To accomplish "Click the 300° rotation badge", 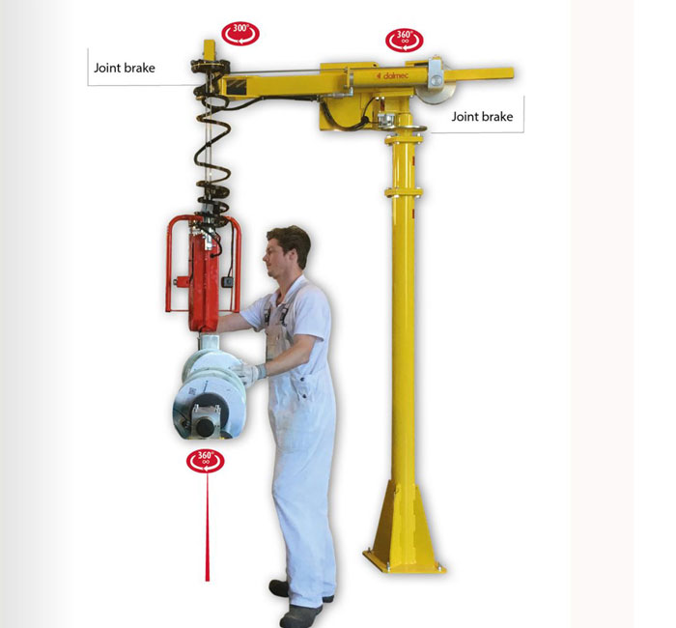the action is click(240, 34).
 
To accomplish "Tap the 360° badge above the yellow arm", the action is click(404, 41).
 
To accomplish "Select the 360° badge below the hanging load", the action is click(205, 461).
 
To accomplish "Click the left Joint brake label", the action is click(125, 69).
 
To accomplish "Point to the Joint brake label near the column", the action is click(482, 117).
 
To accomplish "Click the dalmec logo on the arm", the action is click(392, 76).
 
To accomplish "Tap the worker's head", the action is click(287, 251).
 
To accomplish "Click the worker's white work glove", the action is click(249, 373).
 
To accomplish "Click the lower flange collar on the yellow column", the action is click(404, 191).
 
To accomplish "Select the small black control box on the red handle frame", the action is click(227, 282).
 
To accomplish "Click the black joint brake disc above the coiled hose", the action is click(211, 66).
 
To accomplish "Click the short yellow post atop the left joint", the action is click(210, 50).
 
